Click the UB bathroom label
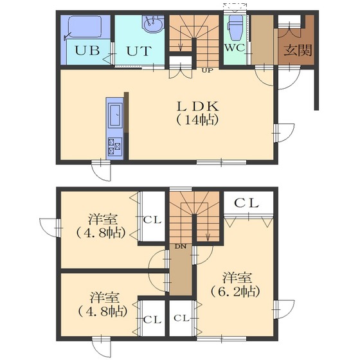(x=87, y=50)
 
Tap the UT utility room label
(x=139, y=51)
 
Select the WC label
(x=235, y=48)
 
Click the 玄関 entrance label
(x=298, y=50)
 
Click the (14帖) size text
(x=197, y=120)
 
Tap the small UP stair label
(x=207, y=70)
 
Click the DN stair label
(x=180, y=247)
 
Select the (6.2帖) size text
(x=235, y=291)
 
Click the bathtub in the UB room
(x=85, y=27)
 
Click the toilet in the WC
(x=235, y=27)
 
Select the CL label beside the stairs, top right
(x=246, y=203)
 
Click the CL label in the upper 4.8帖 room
(x=152, y=220)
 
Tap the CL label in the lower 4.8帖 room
(x=152, y=319)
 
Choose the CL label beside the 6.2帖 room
(x=181, y=318)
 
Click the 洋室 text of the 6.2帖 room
(x=237, y=277)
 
